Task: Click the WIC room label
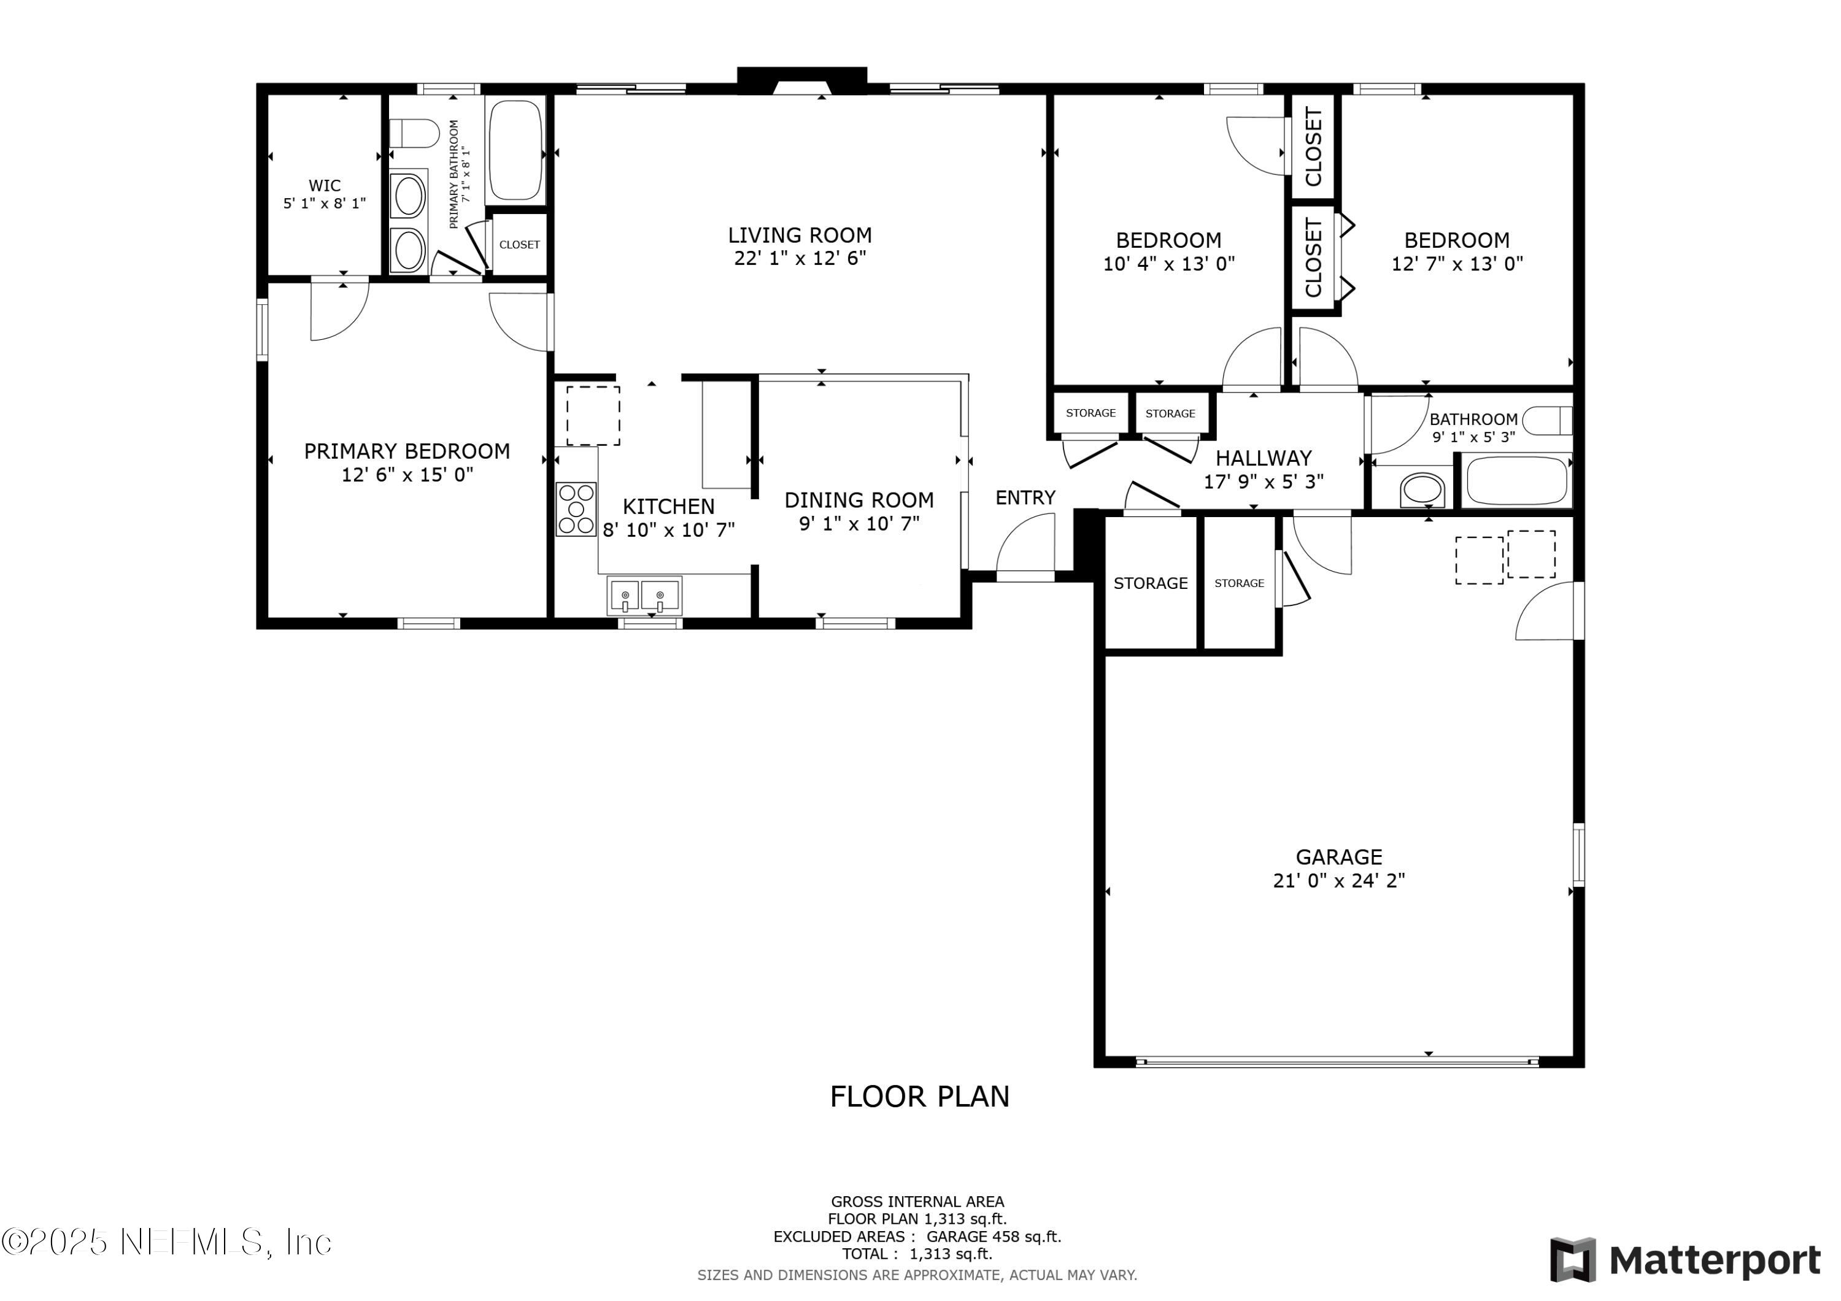point(325,186)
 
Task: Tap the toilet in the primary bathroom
point(414,133)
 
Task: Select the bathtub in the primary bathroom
point(515,150)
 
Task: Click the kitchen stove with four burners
point(576,509)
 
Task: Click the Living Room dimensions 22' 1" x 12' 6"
point(800,258)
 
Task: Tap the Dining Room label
point(859,500)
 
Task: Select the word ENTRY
point(1025,498)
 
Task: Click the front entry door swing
point(1025,542)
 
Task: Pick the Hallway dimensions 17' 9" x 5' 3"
point(1264,481)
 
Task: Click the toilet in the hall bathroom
point(1548,420)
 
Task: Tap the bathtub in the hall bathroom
point(1516,481)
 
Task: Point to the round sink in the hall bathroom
point(1422,489)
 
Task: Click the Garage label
point(1339,857)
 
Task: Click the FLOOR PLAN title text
point(920,1097)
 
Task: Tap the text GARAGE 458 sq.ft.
point(994,1237)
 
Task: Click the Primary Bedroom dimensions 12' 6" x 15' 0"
point(407,475)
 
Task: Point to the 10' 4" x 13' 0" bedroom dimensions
point(1169,264)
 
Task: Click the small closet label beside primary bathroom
point(520,245)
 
